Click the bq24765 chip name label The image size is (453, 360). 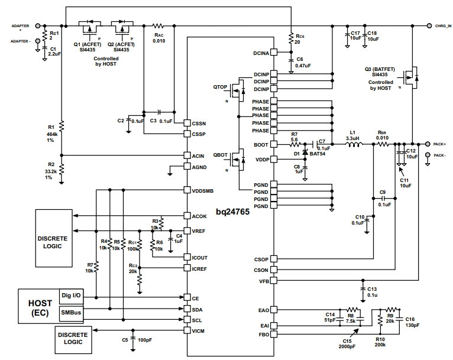(x=232, y=212)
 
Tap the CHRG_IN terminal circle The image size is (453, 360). (x=429, y=25)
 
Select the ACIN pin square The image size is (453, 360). (x=187, y=155)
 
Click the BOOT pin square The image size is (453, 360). (x=274, y=144)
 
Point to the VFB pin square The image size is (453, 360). (x=274, y=280)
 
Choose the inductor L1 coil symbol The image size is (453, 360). (x=352, y=144)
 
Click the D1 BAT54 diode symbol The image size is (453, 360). (x=305, y=152)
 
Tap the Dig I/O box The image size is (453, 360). (x=72, y=296)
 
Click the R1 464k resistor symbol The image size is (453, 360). (x=62, y=126)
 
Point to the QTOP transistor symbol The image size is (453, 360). (x=238, y=90)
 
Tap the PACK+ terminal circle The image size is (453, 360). (x=428, y=144)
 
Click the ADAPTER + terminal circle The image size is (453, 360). (x=38, y=25)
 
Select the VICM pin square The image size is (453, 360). (x=187, y=330)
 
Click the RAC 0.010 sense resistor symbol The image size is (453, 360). (x=158, y=26)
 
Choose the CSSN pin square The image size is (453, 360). (x=187, y=123)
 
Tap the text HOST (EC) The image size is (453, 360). (x=40, y=308)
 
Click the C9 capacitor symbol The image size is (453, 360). (x=383, y=199)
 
